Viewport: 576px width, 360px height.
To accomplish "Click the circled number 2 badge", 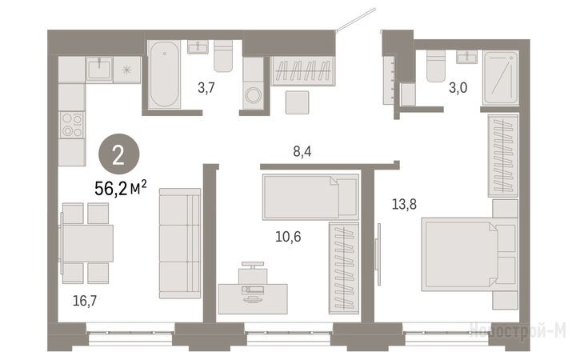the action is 119,154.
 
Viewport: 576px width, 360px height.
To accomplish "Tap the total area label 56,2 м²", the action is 121,188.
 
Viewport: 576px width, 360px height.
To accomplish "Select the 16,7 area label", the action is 85,301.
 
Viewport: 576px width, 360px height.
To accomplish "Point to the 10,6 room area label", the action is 288,237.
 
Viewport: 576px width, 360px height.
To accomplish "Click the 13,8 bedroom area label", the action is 404,204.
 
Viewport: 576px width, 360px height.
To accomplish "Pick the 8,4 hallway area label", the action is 302,151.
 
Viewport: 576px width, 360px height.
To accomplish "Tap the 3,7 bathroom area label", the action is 206,88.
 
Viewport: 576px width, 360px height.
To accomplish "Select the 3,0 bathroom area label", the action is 458,88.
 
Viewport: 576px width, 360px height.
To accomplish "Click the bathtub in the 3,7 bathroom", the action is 164,74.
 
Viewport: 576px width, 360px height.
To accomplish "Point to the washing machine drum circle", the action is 253,95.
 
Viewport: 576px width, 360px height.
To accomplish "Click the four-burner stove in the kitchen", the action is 72,125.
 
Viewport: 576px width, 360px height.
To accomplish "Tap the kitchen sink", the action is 99,68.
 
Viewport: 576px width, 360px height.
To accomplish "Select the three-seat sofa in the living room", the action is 180,243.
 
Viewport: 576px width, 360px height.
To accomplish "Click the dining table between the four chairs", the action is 88,243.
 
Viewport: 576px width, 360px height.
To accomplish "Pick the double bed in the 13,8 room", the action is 470,254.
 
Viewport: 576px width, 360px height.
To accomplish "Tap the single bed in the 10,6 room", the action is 310,198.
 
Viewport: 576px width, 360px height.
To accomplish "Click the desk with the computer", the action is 253,298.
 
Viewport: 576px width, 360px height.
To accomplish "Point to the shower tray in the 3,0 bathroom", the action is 501,78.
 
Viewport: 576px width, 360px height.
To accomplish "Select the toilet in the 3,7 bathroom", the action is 223,56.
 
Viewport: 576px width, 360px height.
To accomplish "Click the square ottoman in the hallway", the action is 297,102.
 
